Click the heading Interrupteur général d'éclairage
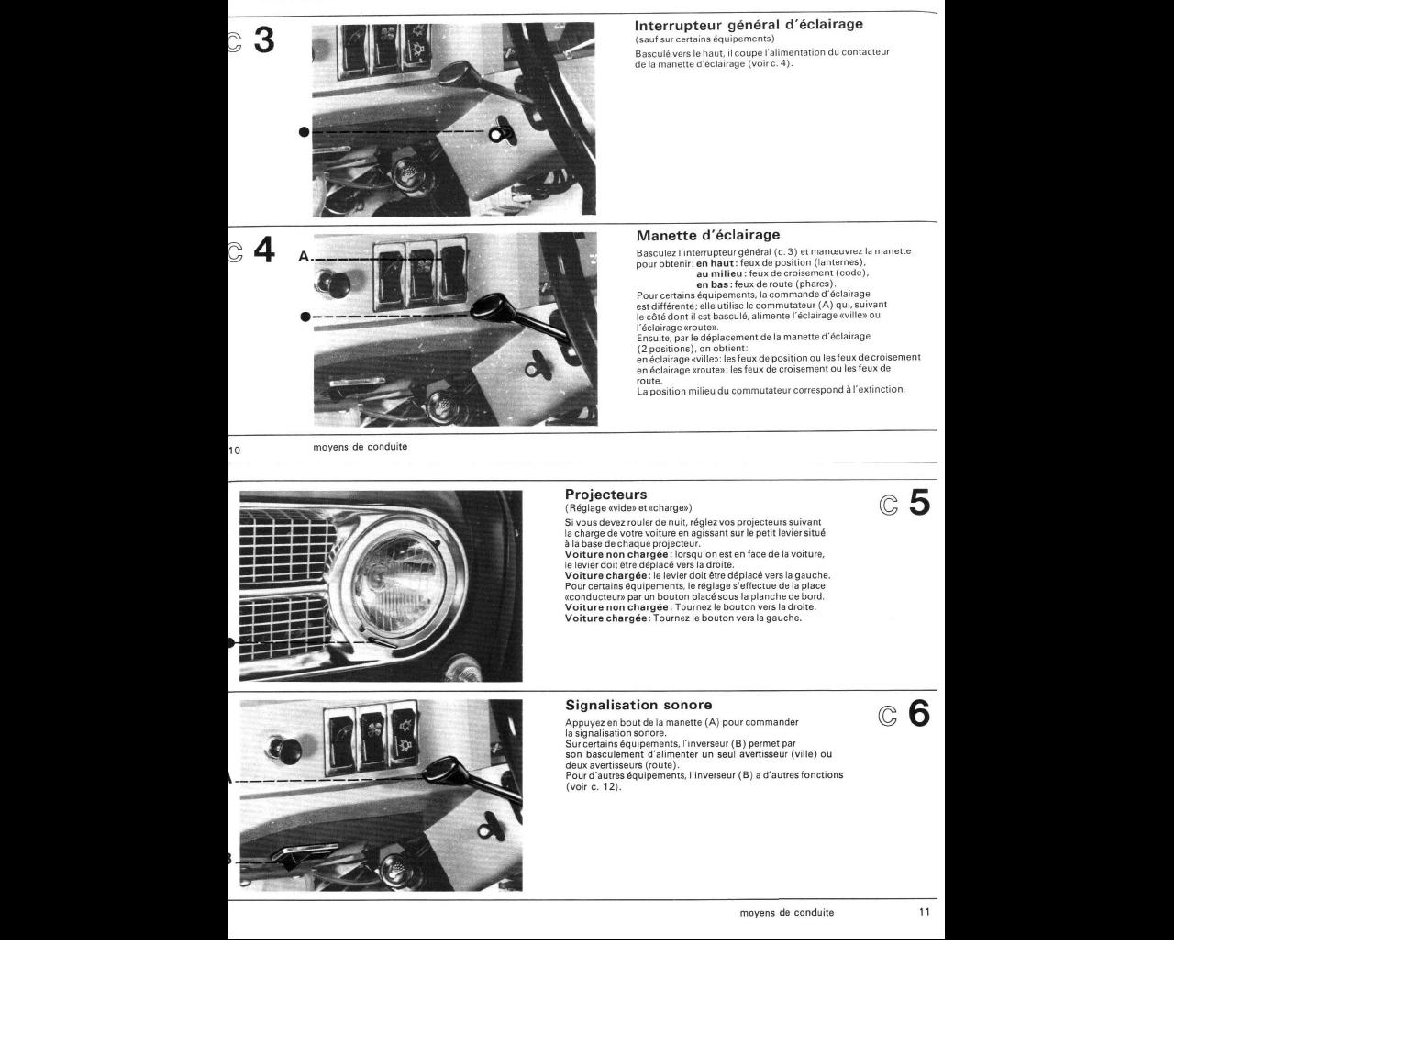(749, 25)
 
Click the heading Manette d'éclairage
(708, 236)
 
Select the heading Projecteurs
(606, 495)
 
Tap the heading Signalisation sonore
(638, 706)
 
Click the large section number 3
(264, 39)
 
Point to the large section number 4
(264, 250)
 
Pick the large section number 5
(919, 503)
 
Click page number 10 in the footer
(234, 451)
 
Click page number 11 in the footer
(925, 912)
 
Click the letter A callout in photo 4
(304, 257)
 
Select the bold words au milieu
(719, 273)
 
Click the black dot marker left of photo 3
(305, 132)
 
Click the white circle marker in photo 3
(495, 135)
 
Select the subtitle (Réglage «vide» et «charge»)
(628, 508)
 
